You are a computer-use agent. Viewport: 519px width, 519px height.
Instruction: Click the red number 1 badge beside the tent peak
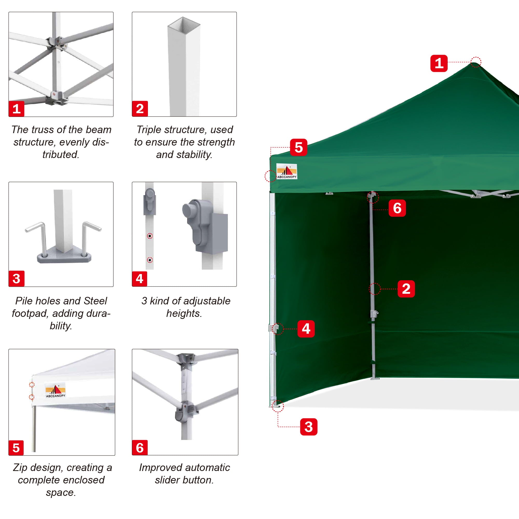[x=439, y=63]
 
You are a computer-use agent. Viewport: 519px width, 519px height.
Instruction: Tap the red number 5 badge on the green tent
[x=298, y=147]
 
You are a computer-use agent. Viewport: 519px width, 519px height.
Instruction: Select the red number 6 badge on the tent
[x=397, y=208]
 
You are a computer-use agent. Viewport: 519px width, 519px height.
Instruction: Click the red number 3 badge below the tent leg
[x=308, y=427]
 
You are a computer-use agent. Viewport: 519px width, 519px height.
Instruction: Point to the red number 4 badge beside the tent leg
[x=306, y=329]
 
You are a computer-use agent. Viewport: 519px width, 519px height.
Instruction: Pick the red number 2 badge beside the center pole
[x=406, y=289]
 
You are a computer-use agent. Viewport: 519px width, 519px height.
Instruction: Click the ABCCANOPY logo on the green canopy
[x=287, y=171]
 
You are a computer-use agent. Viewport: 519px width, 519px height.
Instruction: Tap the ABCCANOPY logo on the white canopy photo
[x=55, y=390]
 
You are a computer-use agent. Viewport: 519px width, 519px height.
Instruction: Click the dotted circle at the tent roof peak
[x=476, y=62]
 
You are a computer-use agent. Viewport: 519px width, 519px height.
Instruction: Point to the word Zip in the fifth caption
[x=20, y=467]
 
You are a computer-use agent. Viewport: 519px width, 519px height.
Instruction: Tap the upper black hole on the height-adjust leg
[x=150, y=236]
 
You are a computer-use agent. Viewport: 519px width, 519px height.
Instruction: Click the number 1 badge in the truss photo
[x=16, y=108]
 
